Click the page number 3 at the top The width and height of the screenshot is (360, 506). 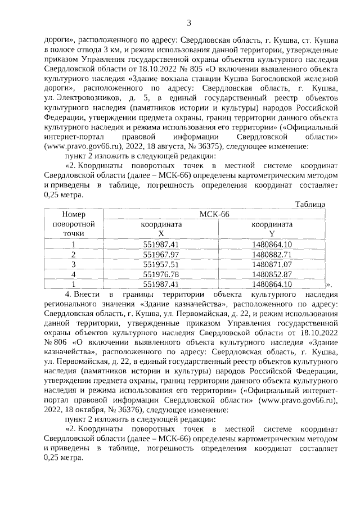coord(189,22)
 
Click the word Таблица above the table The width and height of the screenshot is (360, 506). coord(310,204)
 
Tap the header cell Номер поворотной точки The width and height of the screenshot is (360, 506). coord(73,223)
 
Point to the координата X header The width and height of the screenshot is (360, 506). coord(161,228)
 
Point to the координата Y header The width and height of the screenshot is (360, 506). coord(272,228)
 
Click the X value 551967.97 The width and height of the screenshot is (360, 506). coord(161,254)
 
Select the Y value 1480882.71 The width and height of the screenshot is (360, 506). coord(272,254)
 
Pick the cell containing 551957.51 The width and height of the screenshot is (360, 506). coord(161,264)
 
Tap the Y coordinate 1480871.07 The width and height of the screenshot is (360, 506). coord(272,264)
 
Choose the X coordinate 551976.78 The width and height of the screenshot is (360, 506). coord(161,274)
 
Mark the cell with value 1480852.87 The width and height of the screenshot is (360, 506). coord(272,274)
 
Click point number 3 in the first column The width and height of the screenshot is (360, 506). coord(73,264)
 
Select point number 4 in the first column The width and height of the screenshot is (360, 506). coord(73,274)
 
